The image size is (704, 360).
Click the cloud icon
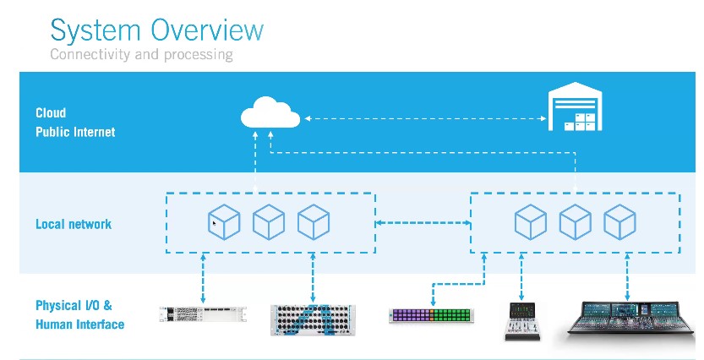coord(270,113)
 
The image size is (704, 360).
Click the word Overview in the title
coord(207,30)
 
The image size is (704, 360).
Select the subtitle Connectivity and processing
coord(141,55)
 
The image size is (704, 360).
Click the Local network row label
coord(74,224)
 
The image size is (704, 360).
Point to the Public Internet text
coord(75,132)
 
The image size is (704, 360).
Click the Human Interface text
coord(80,325)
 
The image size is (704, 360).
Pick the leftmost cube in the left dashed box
coord(224,222)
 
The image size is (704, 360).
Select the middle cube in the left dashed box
coord(269,222)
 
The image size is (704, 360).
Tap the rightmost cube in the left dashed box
coord(314,222)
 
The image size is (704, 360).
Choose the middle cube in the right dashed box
coord(575,222)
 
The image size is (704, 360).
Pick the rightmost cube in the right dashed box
coord(619,222)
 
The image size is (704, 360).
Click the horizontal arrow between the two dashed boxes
coord(423,222)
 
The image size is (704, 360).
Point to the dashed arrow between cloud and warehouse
coord(423,119)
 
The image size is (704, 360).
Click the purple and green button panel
coord(431,316)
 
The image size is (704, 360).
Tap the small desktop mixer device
coord(521,320)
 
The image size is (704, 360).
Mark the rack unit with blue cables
coord(313,316)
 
